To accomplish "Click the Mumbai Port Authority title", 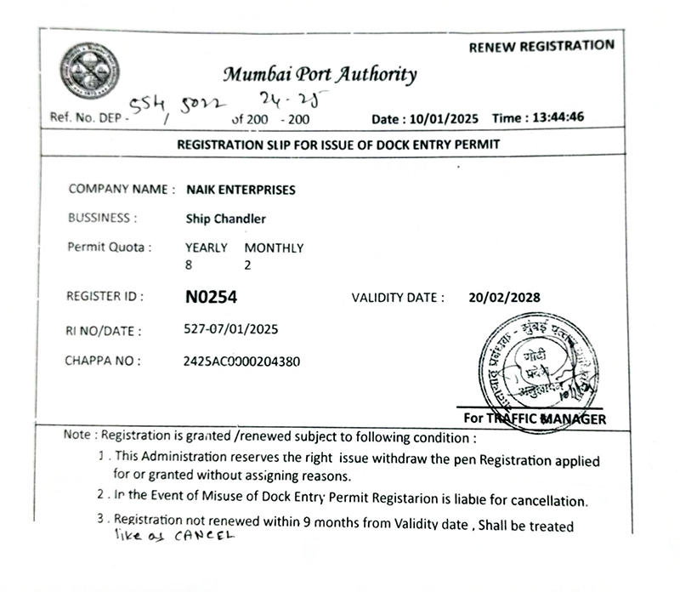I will click(x=320, y=74).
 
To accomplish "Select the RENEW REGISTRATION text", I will click(x=541, y=46).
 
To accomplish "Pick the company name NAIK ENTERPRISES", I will click(x=241, y=190).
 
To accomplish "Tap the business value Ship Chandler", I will click(x=225, y=219).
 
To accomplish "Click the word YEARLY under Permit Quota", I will click(x=206, y=248).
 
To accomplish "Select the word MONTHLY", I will click(x=274, y=248).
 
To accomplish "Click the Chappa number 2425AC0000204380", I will click(x=241, y=361).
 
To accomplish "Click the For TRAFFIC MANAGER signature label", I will click(x=535, y=418).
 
